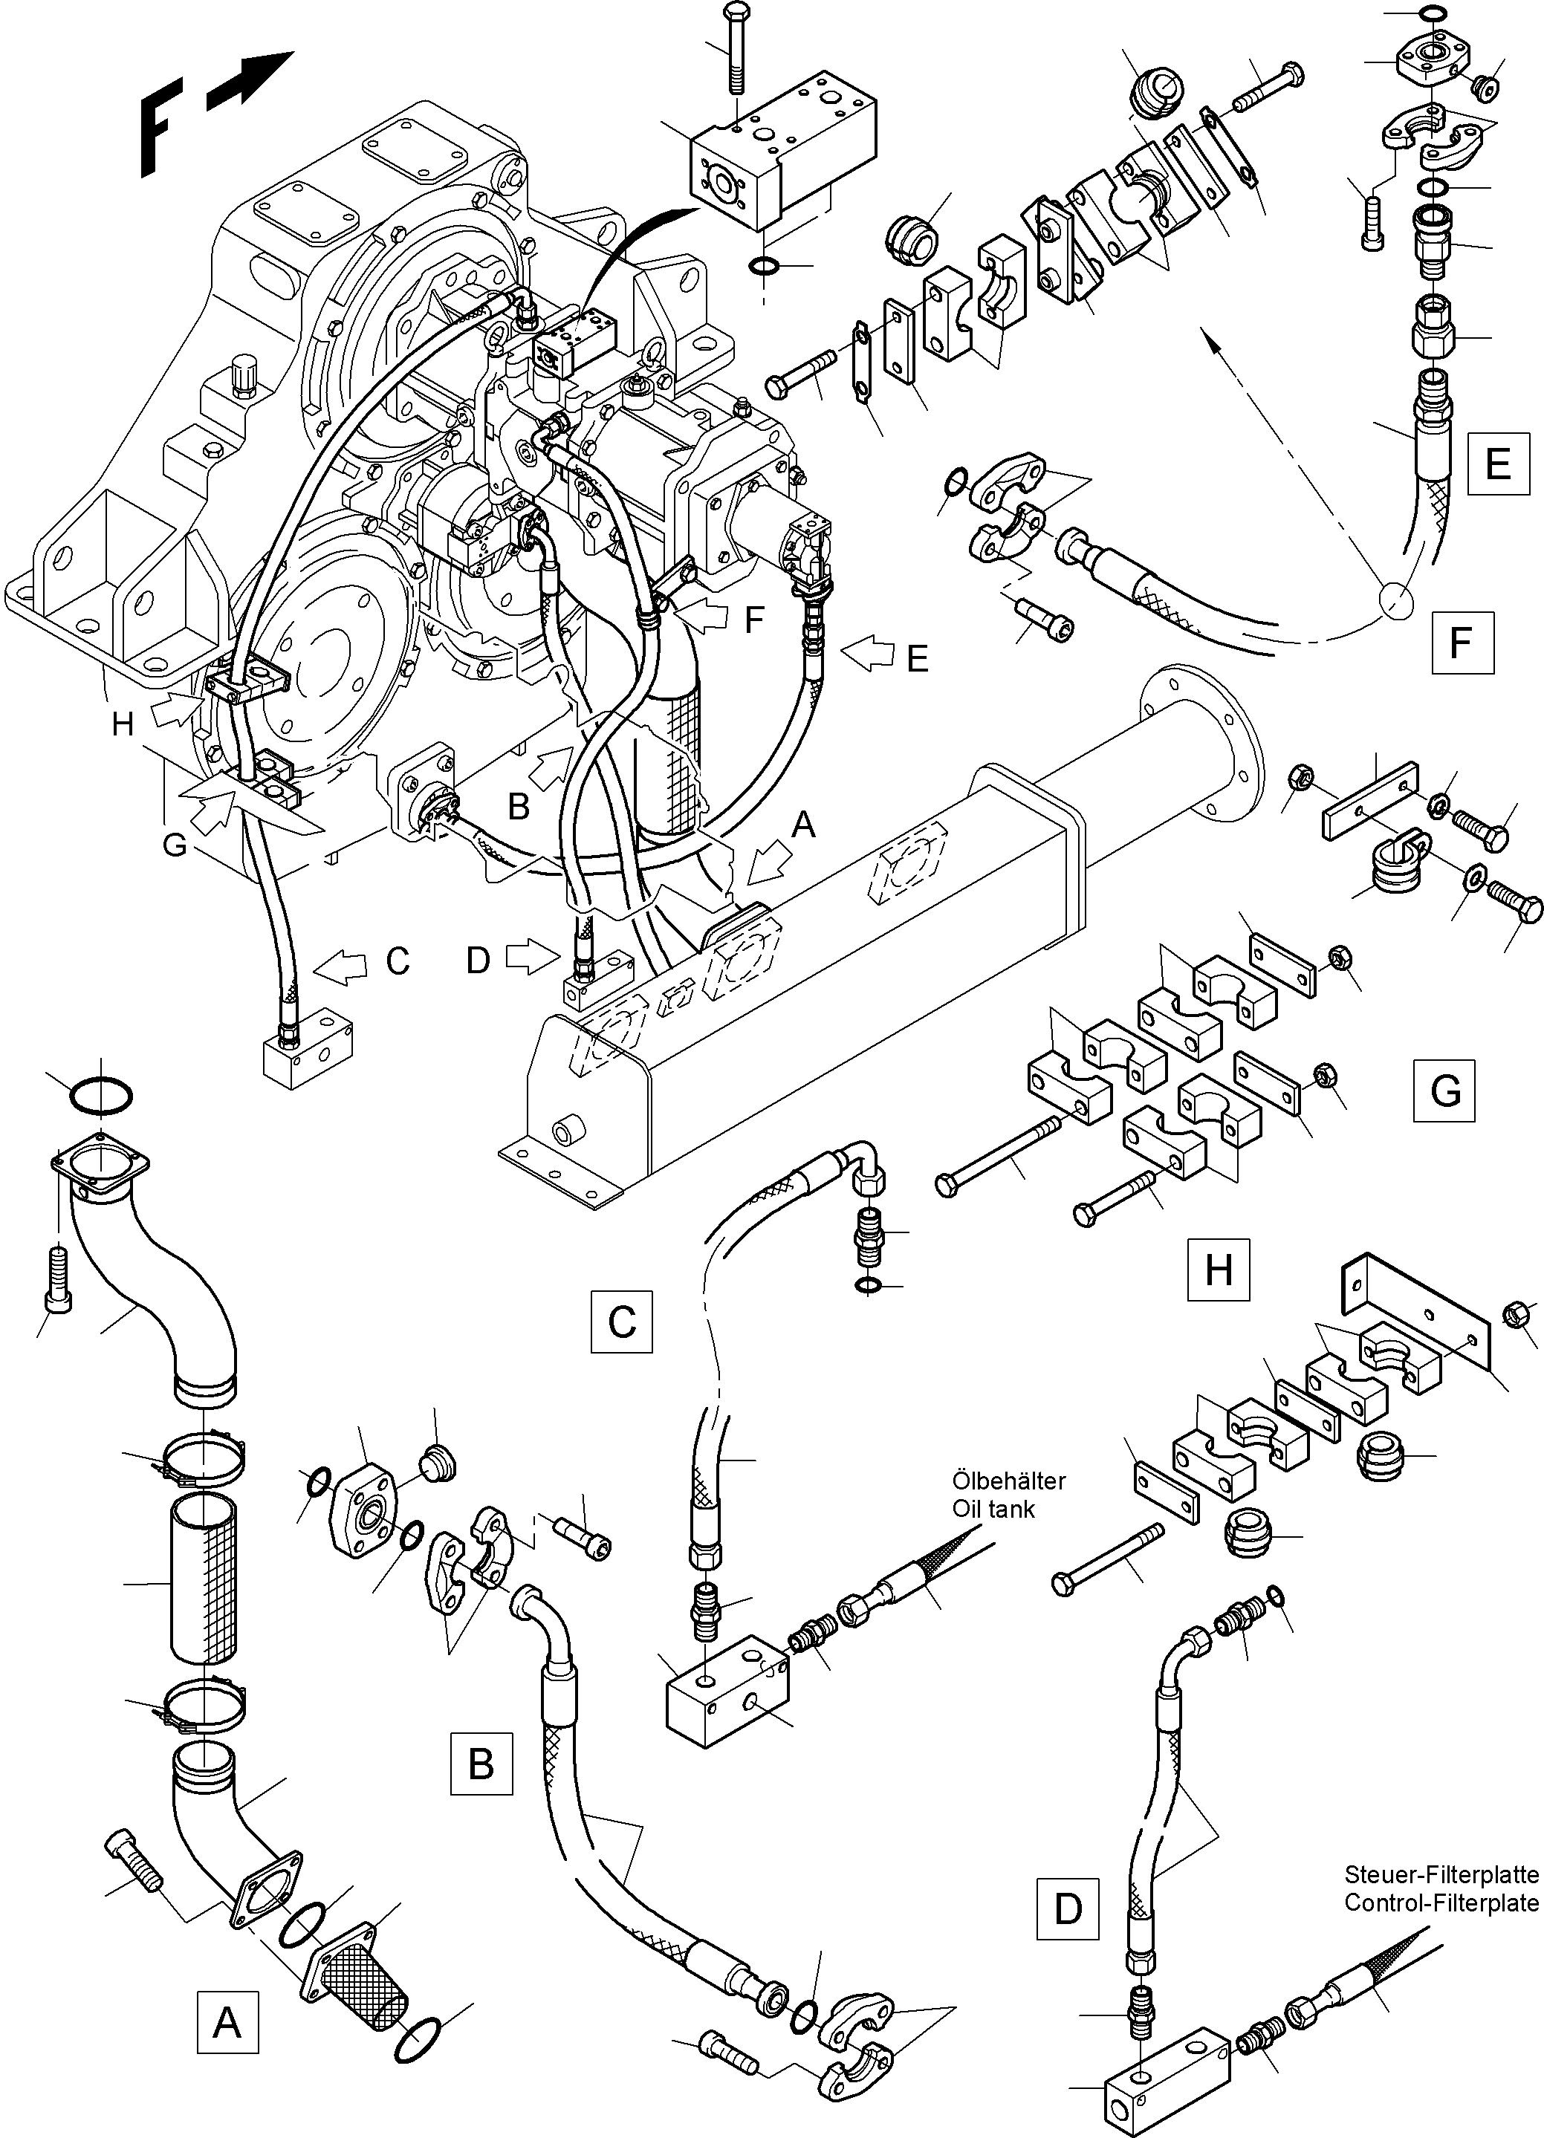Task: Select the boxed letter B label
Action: coord(481,1762)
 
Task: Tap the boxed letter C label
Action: coord(621,1322)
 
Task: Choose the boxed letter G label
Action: coord(1444,1091)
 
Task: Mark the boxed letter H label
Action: coord(1218,1270)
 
